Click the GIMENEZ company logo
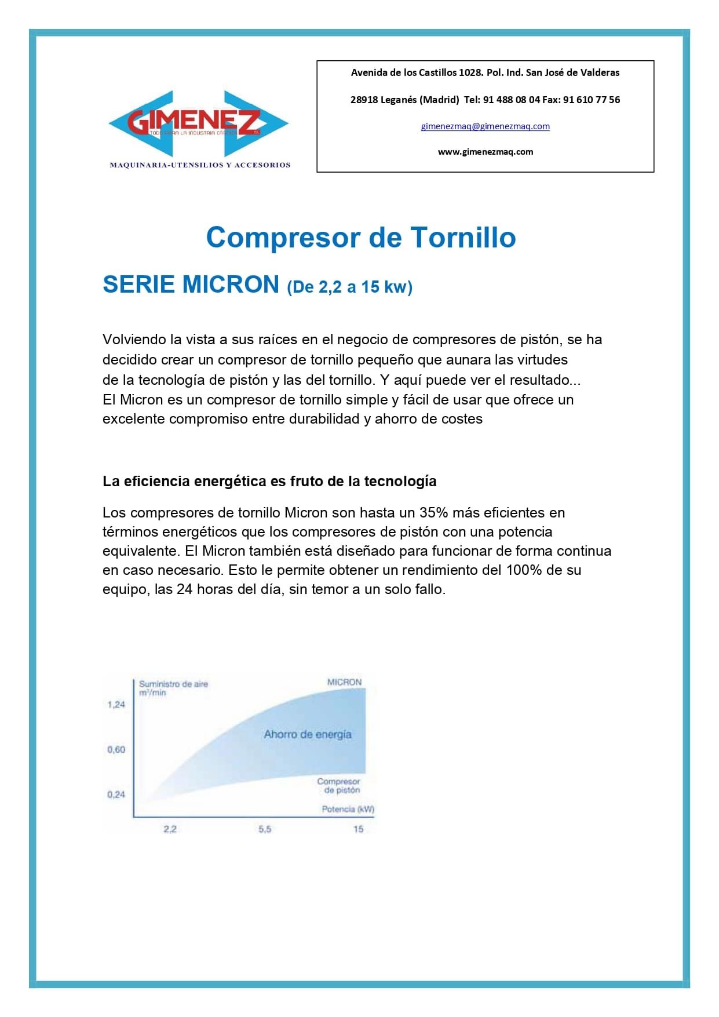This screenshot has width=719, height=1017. [x=198, y=123]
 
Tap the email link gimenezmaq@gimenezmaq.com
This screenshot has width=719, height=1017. [x=485, y=126]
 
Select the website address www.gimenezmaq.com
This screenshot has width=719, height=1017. [x=485, y=152]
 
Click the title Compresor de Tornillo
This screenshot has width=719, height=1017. [x=360, y=238]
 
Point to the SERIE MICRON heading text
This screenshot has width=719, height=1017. [x=191, y=285]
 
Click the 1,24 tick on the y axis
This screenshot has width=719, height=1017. [x=116, y=705]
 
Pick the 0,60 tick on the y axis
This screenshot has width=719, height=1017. [x=116, y=750]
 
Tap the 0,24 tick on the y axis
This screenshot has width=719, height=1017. [x=116, y=794]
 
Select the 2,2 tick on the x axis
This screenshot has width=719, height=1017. [x=170, y=829]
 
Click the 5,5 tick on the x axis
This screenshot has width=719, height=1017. [x=265, y=829]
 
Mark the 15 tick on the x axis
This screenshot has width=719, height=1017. [x=358, y=829]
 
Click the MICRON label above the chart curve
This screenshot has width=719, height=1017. [x=344, y=682]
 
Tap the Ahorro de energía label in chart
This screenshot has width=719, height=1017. [x=308, y=734]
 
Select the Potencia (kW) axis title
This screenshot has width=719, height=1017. [x=348, y=809]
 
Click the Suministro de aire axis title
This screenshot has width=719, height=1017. [x=173, y=684]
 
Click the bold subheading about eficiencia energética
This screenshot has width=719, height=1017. [x=269, y=482]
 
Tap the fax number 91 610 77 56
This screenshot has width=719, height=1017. [x=591, y=100]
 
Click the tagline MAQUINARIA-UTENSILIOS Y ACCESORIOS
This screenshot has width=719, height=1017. [x=200, y=165]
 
